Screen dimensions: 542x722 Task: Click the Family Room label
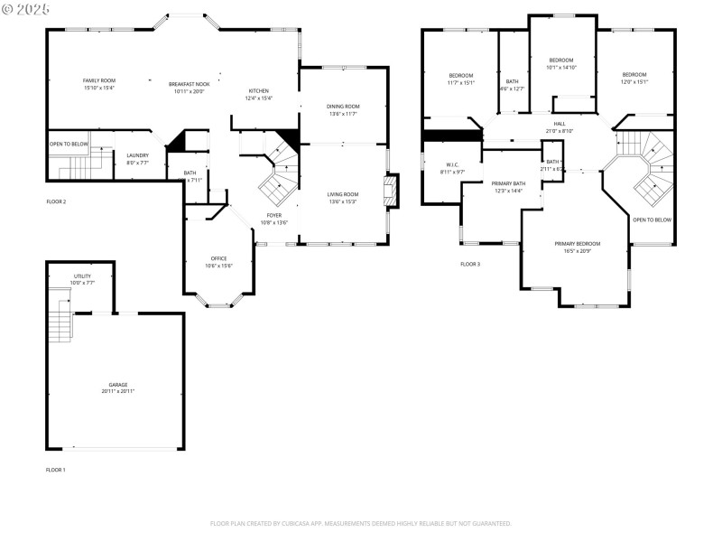point(99,84)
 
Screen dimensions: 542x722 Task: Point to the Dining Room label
point(343,109)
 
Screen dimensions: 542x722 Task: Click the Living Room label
point(343,197)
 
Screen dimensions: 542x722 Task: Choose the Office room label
point(218,262)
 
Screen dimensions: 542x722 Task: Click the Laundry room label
point(137,158)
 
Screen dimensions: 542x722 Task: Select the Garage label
point(113,387)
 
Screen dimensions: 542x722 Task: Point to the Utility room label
point(82,279)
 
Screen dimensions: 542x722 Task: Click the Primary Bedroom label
point(577,247)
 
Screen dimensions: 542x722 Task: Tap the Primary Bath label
point(507,187)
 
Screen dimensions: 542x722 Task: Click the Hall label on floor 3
point(560,126)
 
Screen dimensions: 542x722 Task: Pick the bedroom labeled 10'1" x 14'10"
point(560,63)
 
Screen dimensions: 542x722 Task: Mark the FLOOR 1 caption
point(56,470)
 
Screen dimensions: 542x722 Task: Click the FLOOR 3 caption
point(470,264)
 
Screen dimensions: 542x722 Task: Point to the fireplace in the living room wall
point(391,192)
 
